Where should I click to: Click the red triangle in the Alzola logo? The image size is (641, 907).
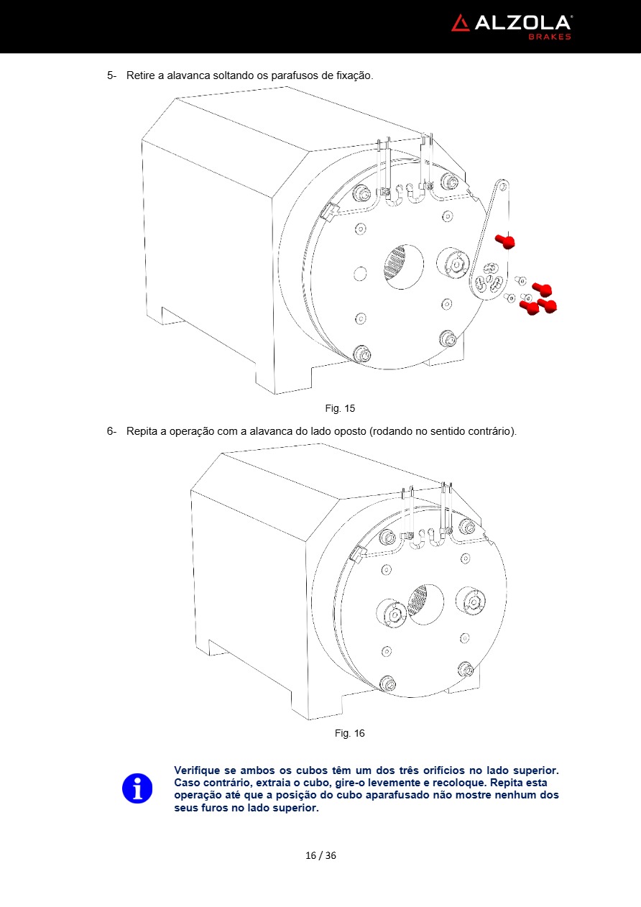point(461,23)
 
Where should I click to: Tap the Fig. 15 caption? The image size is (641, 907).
point(340,408)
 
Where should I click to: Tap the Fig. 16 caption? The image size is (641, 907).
point(349,733)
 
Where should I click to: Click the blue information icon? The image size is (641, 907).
point(137,788)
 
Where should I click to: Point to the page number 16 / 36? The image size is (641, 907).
point(320,855)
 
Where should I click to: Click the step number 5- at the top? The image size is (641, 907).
point(112,75)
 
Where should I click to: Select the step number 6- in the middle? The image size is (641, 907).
point(112,431)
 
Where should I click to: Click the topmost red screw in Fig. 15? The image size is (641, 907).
point(505,241)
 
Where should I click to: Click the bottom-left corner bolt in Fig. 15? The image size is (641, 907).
point(362,354)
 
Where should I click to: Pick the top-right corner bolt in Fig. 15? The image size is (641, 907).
point(449,180)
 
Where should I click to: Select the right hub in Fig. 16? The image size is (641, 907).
point(471,598)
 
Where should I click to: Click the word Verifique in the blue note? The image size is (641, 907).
point(198,770)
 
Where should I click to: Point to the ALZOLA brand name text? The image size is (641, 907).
point(522,23)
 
